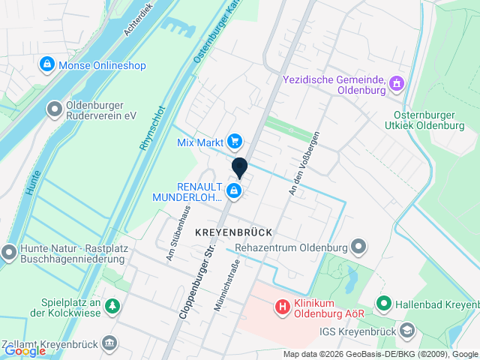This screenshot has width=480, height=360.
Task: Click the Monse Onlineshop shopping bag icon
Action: pyautogui.click(x=47, y=64)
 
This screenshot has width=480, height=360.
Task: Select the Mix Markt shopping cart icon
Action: pyautogui.click(x=235, y=140)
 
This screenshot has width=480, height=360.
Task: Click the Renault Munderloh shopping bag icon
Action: pyautogui.click(x=235, y=191)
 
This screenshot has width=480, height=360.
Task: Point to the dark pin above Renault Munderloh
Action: pyautogui.click(x=239, y=168)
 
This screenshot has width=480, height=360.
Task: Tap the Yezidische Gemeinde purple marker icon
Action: pyautogui.click(x=397, y=85)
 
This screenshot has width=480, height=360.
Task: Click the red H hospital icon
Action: pyautogui.click(x=283, y=306)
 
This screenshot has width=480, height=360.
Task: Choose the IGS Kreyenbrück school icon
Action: pyautogui.click(x=406, y=329)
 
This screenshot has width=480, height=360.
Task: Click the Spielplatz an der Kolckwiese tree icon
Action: pyautogui.click(x=112, y=305)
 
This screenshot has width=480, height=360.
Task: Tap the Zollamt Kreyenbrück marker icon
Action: pyautogui.click(x=109, y=343)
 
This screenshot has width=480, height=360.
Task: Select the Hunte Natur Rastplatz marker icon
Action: pyautogui.click(x=9, y=252)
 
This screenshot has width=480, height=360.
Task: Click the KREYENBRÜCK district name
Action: pyautogui.click(x=233, y=232)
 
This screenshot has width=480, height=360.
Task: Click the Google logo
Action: pyautogui.click(x=25, y=350)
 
